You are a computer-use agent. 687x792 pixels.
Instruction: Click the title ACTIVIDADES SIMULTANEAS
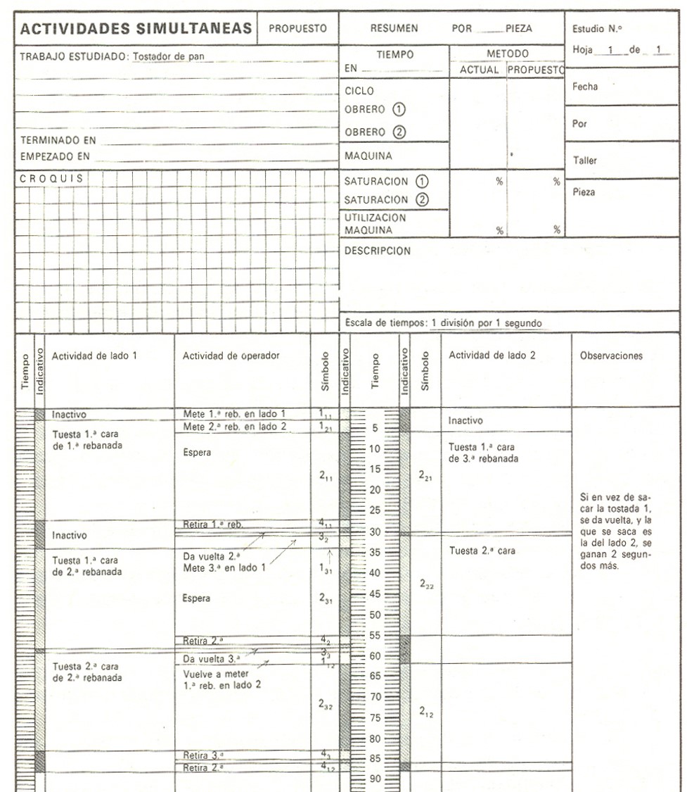point(136,29)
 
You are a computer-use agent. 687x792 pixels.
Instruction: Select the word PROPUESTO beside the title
point(297,29)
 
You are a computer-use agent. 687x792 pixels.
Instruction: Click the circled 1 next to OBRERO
point(399,110)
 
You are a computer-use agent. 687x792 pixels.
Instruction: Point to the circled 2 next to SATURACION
point(421,199)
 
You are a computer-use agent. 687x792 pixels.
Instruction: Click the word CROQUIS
point(51,178)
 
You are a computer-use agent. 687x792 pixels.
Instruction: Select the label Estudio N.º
point(598,29)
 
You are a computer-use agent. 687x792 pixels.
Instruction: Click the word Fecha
point(585,87)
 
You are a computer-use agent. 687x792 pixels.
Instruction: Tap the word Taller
point(585,161)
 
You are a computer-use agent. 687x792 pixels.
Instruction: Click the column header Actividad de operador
point(231,356)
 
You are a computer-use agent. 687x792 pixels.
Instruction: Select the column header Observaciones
point(611,356)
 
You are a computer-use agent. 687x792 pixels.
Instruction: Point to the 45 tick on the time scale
point(375,593)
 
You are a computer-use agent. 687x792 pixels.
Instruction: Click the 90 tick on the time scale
point(375,779)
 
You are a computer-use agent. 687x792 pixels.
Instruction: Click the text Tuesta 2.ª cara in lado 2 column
point(482,551)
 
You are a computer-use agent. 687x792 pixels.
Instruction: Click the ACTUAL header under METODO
point(479,70)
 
